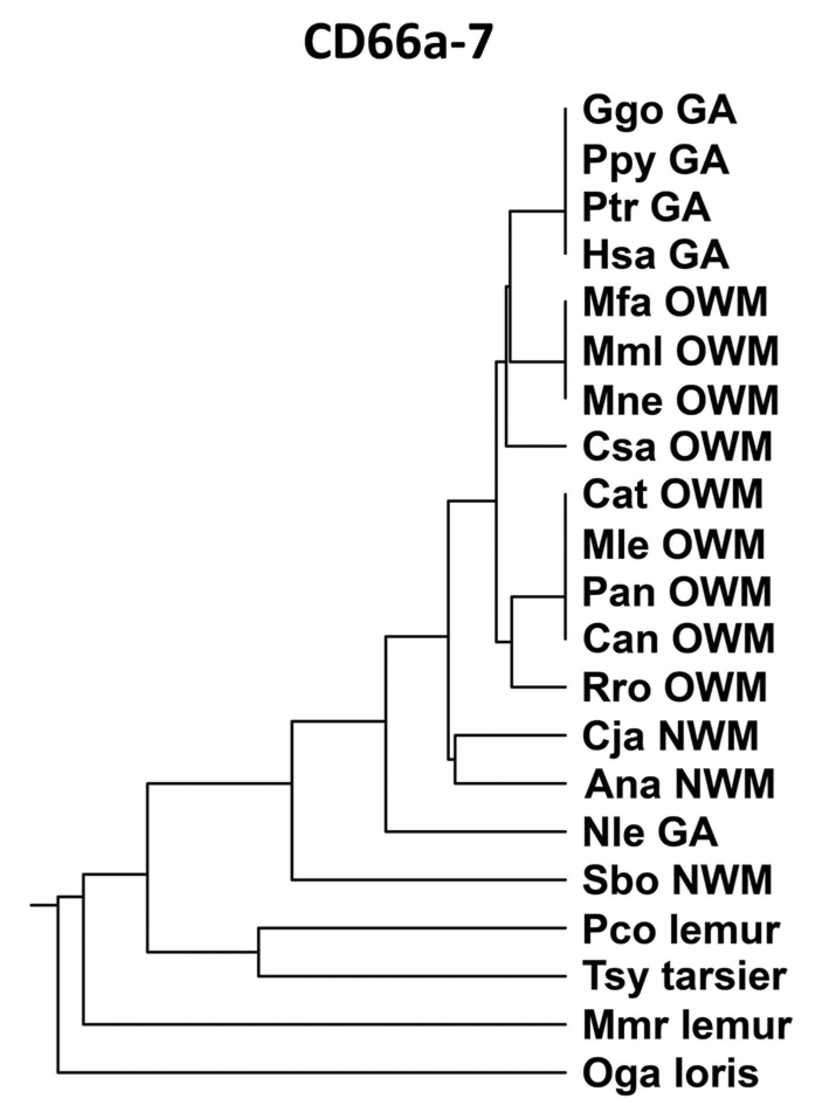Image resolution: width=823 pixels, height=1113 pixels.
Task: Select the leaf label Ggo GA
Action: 659,111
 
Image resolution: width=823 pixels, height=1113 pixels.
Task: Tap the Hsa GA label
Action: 656,255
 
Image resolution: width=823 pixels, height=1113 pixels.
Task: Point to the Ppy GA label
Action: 656,160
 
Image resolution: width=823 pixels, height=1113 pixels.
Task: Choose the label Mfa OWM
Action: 675,302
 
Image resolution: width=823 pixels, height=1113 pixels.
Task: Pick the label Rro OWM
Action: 675,687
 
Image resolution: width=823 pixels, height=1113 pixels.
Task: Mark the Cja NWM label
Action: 670,735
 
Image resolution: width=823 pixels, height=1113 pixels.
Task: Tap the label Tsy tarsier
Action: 684,976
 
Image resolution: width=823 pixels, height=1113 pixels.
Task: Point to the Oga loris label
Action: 670,1073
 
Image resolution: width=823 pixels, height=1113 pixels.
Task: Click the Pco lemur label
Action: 681,928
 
